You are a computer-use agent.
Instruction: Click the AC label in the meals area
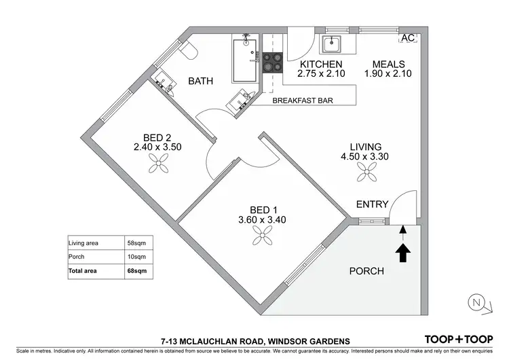point(408,38)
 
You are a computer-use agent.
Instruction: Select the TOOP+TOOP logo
point(458,339)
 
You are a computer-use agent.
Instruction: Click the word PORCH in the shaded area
point(366,271)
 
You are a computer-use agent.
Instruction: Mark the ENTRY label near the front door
point(372,204)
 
